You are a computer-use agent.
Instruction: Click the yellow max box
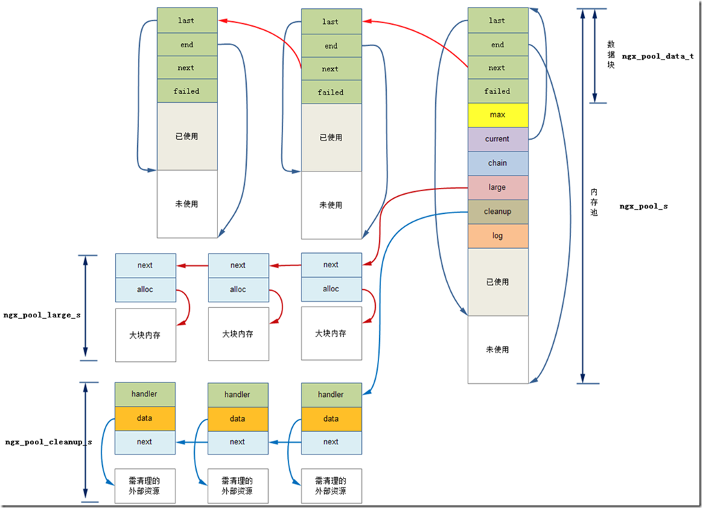click(498, 114)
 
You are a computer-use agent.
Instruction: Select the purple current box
click(498, 138)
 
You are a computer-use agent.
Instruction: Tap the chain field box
click(498, 163)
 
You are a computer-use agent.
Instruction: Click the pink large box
click(498, 187)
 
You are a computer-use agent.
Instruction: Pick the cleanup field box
click(498, 211)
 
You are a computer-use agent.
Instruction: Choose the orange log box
click(498, 236)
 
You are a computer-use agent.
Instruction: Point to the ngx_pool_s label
click(644, 206)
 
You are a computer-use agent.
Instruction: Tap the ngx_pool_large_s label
click(42, 315)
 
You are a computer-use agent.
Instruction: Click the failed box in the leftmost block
click(186, 91)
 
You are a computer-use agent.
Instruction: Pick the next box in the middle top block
click(330, 69)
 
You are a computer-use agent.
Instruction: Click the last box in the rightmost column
click(498, 21)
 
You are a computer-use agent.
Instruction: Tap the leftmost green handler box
click(145, 394)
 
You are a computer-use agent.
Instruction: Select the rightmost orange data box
click(331, 419)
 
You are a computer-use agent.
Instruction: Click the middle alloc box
click(238, 289)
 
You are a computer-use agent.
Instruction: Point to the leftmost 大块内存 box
click(145, 335)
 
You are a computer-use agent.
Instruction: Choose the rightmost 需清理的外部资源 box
click(331, 486)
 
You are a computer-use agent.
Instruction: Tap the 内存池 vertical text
click(594, 203)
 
